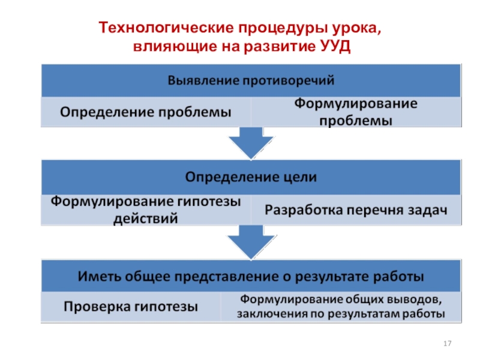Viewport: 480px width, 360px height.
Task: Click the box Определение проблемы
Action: [146, 112]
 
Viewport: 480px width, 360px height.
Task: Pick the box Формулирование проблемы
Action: [356, 112]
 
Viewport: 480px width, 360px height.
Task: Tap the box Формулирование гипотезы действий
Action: [146, 210]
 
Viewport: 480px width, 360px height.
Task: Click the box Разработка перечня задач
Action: [356, 210]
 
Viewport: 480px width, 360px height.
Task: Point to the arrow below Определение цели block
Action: [251, 241]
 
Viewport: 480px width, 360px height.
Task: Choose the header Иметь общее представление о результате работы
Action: [250, 277]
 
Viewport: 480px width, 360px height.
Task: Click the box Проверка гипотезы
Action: [131, 307]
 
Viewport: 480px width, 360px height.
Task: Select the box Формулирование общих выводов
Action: [341, 307]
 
